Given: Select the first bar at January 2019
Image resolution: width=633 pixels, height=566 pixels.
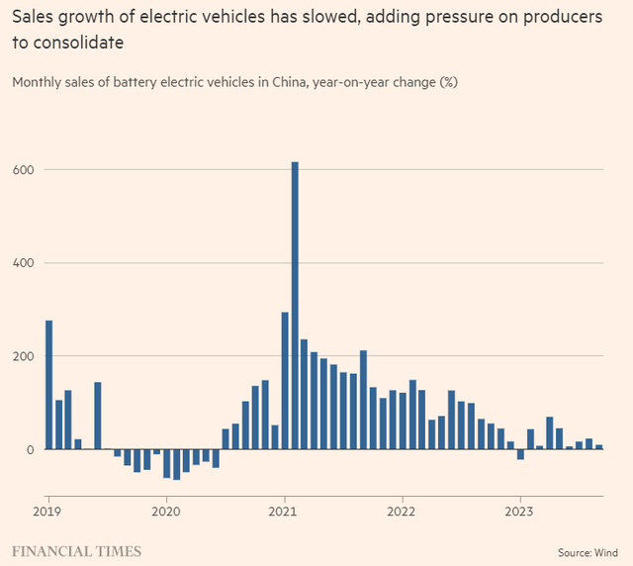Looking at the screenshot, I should click(48, 385).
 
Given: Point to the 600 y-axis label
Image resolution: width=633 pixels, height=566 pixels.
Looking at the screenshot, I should click(23, 169).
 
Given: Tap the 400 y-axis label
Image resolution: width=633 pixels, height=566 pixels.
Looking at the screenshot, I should click(23, 262).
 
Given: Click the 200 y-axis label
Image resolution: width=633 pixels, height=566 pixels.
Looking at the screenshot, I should click(23, 356).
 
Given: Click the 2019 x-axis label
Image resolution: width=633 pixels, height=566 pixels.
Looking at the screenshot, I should click(47, 513).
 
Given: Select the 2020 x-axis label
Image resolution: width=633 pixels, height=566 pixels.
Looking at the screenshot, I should click(166, 513).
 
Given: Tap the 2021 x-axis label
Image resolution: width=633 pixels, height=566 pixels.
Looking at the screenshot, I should click(284, 513).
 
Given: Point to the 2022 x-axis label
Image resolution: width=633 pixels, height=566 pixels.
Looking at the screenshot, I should click(402, 513).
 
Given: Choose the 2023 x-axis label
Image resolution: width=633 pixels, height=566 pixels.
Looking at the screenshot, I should click(519, 513).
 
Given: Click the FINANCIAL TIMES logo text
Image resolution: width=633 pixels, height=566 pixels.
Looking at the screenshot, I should click(76, 551).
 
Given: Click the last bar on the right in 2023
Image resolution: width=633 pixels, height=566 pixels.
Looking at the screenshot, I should click(599, 447).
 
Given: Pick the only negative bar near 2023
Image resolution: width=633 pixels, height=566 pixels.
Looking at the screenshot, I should click(520, 454).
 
